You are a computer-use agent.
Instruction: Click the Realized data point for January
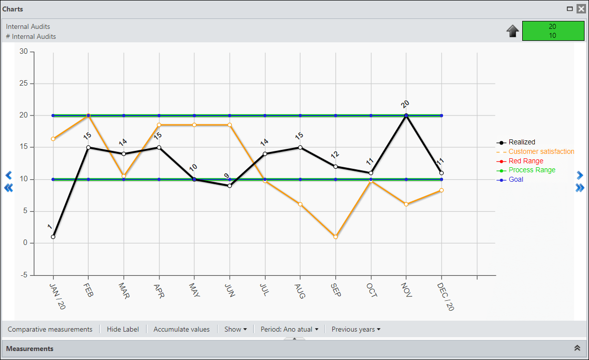(x=53, y=237)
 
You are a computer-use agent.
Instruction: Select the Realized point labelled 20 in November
(x=406, y=116)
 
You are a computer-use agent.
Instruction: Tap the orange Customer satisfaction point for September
(x=335, y=237)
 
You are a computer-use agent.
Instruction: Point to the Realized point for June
(x=230, y=186)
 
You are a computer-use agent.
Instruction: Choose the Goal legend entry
(x=510, y=180)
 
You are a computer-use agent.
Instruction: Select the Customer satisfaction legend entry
(x=535, y=152)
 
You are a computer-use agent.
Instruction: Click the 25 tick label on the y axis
(x=23, y=83)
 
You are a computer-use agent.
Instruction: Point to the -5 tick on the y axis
(x=23, y=275)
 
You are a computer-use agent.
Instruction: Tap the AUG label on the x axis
(x=299, y=291)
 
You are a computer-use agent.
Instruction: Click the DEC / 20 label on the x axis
(x=445, y=297)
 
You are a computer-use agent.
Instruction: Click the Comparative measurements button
(x=50, y=329)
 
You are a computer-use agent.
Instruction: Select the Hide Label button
(x=123, y=329)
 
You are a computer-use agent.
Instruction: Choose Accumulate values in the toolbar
(x=181, y=329)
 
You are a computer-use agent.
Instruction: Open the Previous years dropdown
(x=356, y=329)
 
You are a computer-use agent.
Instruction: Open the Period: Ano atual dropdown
(x=289, y=329)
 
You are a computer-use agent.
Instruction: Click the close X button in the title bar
(x=581, y=8)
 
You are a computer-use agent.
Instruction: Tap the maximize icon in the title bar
(x=570, y=8)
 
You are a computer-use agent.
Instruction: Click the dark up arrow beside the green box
(x=513, y=31)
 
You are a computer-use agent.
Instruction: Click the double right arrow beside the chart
(x=580, y=188)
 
